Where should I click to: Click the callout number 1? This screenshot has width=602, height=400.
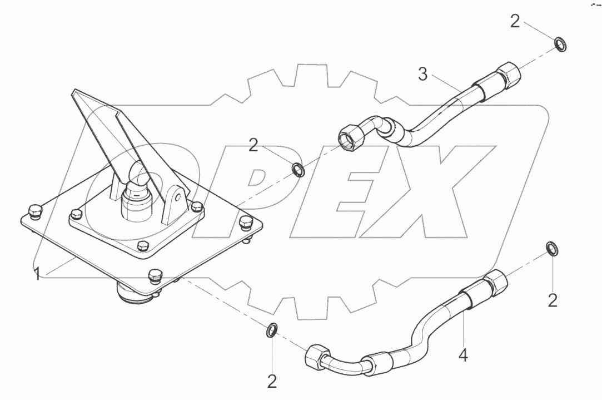[x=38, y=274]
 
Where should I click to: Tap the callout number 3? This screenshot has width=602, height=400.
[x=423, y=74]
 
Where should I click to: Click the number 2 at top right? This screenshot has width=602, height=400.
[x=515, y=22]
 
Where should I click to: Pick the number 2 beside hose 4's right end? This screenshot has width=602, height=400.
[x=553, y=300]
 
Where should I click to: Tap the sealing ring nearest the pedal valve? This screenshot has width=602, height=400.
[x=298, y=169]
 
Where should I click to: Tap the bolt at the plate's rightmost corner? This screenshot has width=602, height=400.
[x=245, y=223]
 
